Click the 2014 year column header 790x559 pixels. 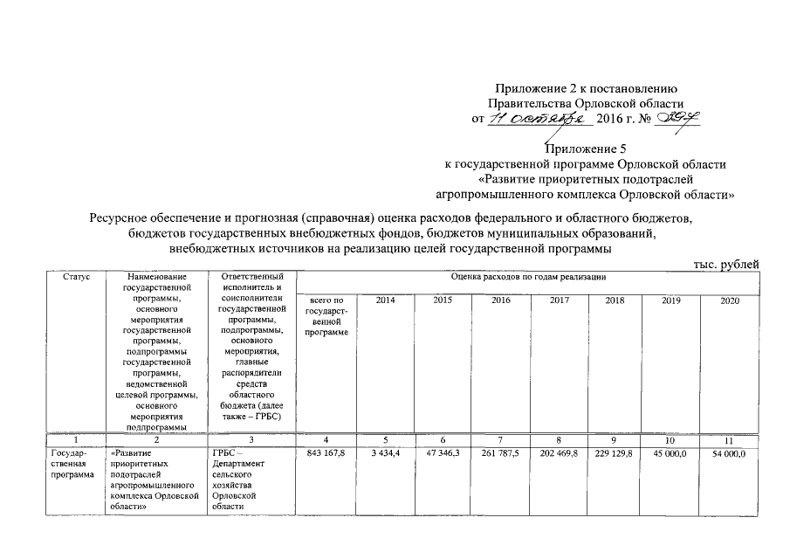tap(385, 300)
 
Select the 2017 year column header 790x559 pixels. tap(559, 300)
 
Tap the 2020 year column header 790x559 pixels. tap(731, 300)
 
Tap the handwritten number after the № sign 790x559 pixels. tap(678, 118)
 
